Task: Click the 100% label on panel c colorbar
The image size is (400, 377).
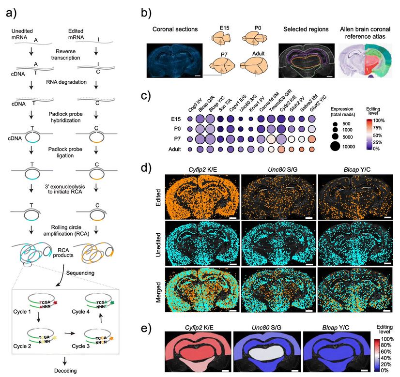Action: point(379,119)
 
